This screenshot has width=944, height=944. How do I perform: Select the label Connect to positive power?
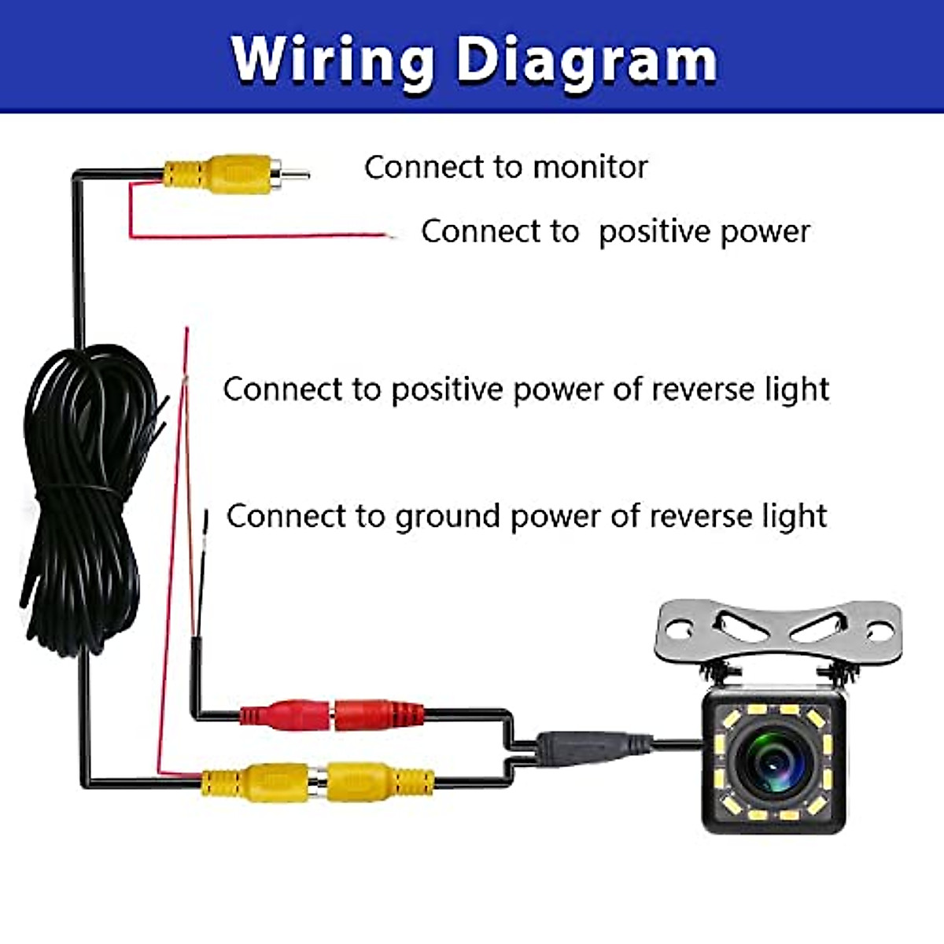point(615,231)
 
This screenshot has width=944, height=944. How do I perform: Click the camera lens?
point(774,760)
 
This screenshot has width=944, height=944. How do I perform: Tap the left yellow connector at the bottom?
point(256,782)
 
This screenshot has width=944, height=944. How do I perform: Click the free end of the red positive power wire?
point(387,235)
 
